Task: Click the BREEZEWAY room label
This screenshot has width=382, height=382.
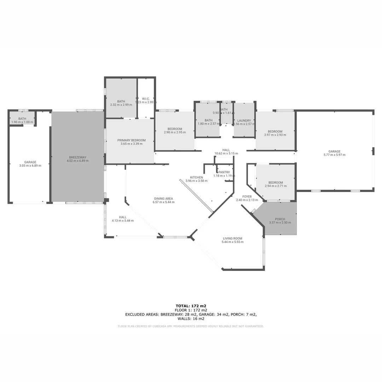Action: point(77,157)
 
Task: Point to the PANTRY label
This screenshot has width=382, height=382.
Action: point(224,172)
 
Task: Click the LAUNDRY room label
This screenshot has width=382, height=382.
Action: point(244,121)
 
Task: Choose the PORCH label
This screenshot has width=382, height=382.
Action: point(280,219)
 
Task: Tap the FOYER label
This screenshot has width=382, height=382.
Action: point(247,197)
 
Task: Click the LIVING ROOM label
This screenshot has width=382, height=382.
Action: point(232,238)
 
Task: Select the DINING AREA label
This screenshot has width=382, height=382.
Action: point(163,198)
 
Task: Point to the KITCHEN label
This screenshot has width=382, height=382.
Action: point(196,177)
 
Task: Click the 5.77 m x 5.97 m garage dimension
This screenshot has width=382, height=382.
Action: point(334,155)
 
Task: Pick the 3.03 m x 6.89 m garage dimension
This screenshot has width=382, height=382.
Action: point(30,166)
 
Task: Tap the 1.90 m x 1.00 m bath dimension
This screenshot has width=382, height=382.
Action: point(22,122)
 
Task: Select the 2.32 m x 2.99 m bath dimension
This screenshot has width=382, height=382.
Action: point(121,105)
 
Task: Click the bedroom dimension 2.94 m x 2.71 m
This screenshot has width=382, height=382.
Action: point(276,186)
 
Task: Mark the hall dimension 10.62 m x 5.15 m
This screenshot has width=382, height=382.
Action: point(226,154)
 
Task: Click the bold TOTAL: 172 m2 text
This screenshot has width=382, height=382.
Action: point(191,306)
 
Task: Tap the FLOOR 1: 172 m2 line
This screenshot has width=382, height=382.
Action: point(191,310)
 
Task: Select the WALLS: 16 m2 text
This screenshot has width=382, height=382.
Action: point(191,319)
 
